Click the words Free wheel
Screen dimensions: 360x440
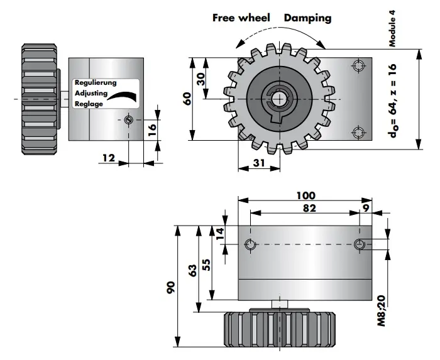[241, 18]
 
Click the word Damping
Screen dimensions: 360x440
[307, 18]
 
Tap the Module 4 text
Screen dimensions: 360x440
[392, 29]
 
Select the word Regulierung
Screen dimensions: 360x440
[96, 83]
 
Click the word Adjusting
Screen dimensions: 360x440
[91, 94]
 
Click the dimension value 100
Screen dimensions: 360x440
[305, 195]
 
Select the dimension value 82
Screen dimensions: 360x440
[305, 207]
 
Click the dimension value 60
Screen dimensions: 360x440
[186, 99]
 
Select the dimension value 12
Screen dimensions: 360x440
[108, 158]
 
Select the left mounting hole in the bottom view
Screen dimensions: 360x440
[250, 244]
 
